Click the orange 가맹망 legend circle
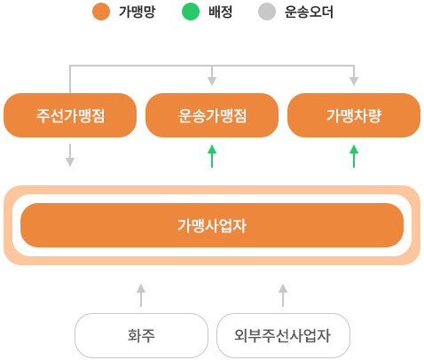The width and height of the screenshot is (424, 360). pos(101,12)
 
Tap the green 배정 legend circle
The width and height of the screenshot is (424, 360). pos(191,12)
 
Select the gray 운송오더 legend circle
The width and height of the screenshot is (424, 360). pos(267,12)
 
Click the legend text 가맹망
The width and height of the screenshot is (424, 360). pos(137,12)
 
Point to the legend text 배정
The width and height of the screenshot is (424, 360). pos(220,12)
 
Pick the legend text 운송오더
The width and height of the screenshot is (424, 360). pos(309,12)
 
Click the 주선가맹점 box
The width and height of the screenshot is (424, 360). pos(70,115)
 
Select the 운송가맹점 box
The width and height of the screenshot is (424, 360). pos(212,115)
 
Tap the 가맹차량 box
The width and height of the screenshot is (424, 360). pos(354,115)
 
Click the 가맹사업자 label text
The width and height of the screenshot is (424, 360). pos(212,225)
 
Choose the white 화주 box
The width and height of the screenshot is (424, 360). pos(141,335)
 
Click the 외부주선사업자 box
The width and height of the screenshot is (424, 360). pos(283,335)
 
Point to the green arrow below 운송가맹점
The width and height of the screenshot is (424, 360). pos(212,156)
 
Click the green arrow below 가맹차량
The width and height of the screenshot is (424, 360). pos(354,156)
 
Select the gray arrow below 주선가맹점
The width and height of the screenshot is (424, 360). pos(70,155)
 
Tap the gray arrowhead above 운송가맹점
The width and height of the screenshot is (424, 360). pos(212,82)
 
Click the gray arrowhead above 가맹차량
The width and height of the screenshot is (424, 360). pos(354,82)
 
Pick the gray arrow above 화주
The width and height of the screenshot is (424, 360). pos(141,295)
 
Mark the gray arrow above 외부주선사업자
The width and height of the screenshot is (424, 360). pos(283,295)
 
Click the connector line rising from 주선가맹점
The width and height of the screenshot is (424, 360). pos(70,79)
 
